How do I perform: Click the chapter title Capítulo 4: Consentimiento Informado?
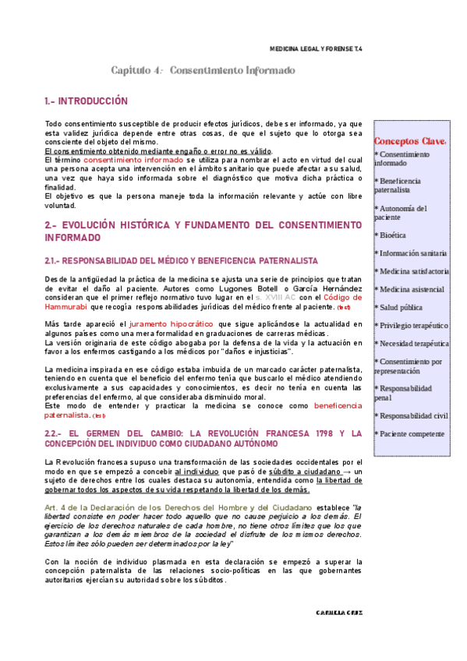pos(203,71)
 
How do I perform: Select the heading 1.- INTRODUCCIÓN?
pos(86,102)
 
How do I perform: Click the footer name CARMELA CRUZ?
pos(338,634)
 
